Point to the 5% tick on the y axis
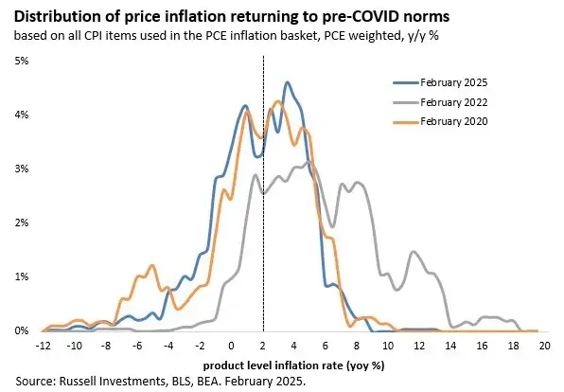(x=21, y=61)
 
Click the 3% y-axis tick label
(x=21, y=169)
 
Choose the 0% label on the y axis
(x=21, y=330)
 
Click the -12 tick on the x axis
(x=44, y=347)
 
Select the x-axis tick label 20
(x=545, y=347)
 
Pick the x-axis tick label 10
(x=389, y=347)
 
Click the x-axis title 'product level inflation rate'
(x=282, y=364)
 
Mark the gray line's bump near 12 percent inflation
(x=414, y=252)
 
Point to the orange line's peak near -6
(x=139, y=277)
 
